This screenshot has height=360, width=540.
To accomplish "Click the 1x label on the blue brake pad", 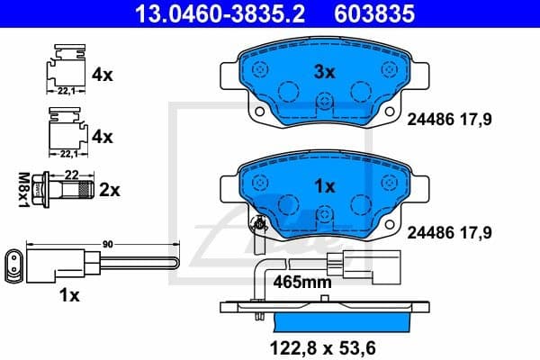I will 323,186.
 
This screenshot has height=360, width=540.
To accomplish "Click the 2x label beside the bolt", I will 110,190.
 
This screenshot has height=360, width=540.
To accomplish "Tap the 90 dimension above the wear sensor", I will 106,243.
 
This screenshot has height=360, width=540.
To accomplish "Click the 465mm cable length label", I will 302,282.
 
